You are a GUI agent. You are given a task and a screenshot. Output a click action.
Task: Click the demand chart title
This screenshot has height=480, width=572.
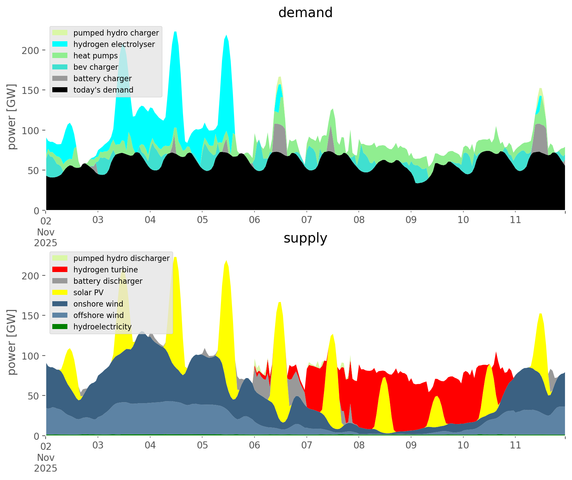[x=305, y=13]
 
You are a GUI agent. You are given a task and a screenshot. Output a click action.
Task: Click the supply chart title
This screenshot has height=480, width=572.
[x=305, y=238]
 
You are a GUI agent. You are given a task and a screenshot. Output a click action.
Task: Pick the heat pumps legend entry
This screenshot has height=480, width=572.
[x=96, y=56]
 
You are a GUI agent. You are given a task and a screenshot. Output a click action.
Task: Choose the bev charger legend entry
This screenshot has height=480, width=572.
[x=96, y=67]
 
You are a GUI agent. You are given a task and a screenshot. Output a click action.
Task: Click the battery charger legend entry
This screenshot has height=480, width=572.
[x=102, y=78]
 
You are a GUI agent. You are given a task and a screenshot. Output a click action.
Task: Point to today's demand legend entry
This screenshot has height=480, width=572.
[x=103, y=90]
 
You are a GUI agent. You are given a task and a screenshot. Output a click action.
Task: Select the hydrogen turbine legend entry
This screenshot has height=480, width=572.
[x=105, y=270]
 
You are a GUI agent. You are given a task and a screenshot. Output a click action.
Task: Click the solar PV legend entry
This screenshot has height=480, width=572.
[x=89, y=292]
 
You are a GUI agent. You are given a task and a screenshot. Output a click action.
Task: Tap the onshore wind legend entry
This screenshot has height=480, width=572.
[x=98, y=304]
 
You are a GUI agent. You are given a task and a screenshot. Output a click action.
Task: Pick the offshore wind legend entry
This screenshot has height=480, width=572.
[x=99, y=315]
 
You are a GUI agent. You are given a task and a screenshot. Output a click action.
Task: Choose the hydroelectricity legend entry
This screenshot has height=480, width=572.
[x=102, y=327]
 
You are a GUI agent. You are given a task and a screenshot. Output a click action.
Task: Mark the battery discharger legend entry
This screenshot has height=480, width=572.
[x=108, y=281]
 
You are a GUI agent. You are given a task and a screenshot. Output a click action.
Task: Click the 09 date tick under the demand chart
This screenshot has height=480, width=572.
[x=411, y=220]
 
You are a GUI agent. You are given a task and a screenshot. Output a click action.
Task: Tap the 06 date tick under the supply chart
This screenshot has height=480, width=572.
[x=254, y=445]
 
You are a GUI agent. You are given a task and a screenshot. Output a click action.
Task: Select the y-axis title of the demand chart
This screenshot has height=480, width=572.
[x=11, y=117]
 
